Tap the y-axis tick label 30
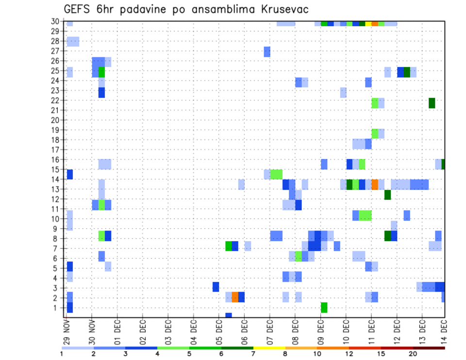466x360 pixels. [x=55, y=21]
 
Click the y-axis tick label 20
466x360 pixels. [x=55, y=120]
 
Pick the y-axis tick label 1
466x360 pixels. [x=57, y=307]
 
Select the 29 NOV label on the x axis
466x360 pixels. [x=67, y=330]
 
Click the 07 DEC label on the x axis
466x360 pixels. [x=269, y=330]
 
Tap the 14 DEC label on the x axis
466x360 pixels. [x=444, y=330]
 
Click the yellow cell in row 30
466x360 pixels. [x=368, y=23]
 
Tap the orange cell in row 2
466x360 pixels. [x=235, y=297]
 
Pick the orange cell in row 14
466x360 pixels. [x=375, y=184]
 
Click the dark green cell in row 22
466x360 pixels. [x=432, y=103]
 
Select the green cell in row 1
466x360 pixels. [x=324, y=307]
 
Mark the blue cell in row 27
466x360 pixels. [x=267, y=51]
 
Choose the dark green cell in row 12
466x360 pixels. [x=387, y=195]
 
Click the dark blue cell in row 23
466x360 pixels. [x=101, y=92]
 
